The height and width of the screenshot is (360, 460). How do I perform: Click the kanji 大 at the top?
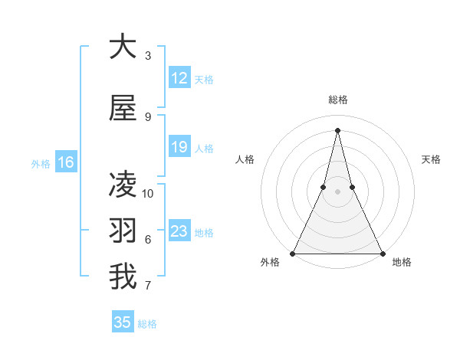(123, 47)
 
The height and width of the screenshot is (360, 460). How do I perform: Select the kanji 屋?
(123, 109)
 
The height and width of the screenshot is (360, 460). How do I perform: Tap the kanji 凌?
(123, 185)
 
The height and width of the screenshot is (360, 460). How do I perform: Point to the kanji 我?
(123, 277)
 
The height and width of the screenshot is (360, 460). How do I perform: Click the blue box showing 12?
(179, 78)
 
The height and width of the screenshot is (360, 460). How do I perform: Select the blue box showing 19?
(179, 147)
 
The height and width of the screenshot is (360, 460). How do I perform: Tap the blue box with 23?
(179, 231)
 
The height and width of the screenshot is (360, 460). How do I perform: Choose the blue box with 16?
(65, 162)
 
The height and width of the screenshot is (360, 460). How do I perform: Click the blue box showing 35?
(123, 322)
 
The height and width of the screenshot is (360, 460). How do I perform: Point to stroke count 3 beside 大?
(148, 56)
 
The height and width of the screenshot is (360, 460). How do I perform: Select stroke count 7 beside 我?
(148, 286)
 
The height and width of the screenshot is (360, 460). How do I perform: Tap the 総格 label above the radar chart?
(338, 100)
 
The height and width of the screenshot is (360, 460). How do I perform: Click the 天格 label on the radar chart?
(431, 159)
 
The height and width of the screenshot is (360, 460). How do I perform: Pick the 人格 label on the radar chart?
(245, 159)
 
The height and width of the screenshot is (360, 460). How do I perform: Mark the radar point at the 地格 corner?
(382, 253)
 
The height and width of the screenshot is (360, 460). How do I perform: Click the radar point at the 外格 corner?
(293, 253)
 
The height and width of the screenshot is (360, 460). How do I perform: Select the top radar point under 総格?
(337, 129)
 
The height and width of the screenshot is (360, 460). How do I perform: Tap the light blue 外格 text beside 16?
(41, 163)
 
